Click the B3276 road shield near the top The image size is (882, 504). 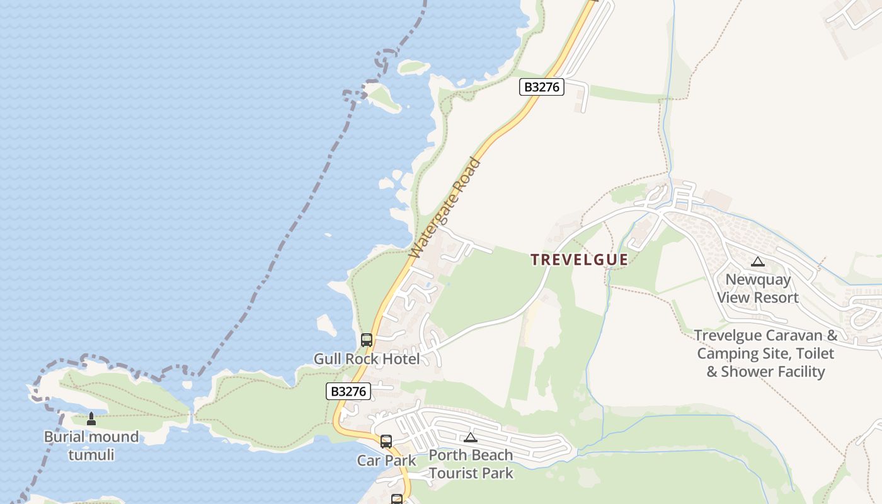(x=541, y=87)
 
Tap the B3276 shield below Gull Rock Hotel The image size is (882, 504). (x=348, y=391)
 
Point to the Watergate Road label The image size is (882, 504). (x=445, y=208)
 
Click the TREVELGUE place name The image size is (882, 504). (x=579, y=260)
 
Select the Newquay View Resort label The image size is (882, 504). (x=758, y=289)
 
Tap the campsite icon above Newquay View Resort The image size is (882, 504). (x=758, y=261)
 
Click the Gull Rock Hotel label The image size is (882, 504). (x=367, y=359)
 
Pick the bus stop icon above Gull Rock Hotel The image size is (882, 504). (x=367, y=340)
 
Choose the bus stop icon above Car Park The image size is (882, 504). (x=386, y=442)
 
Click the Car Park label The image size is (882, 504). (x=387, y=461)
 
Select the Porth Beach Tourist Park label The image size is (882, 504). (x=471, y=464)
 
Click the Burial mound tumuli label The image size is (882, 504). (x=91, y=445)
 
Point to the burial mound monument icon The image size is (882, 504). (x=91, y=419)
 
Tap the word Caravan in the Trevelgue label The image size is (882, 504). (x=799, y=335)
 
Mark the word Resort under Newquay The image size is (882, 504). (x=777, y=297)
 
